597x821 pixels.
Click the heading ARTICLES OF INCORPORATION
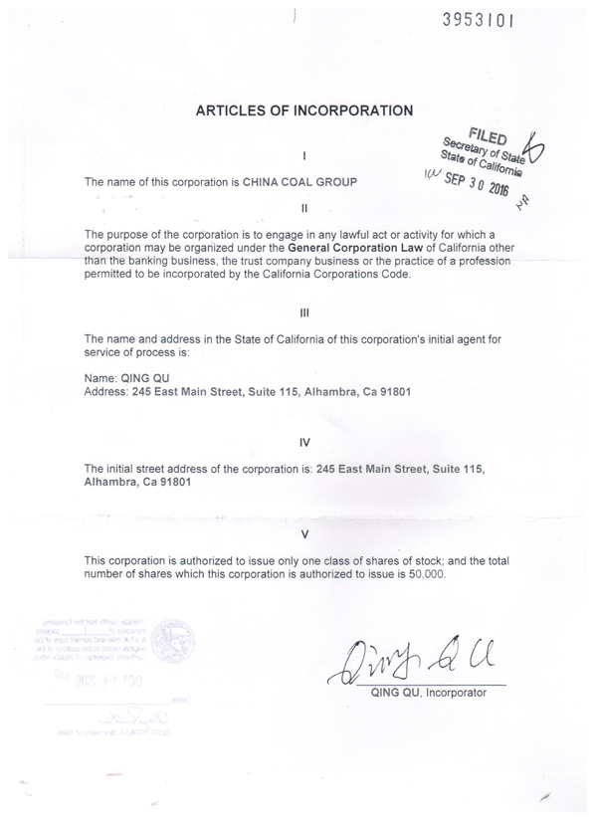tap(303, 110)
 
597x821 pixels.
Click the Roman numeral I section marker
tap(305, 155)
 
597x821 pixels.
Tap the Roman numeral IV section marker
tap(305, 441)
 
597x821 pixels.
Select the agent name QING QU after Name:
tap(140, 378)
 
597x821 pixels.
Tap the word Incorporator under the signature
tap(454, 693)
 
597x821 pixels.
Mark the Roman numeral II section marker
tap(305, 209)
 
